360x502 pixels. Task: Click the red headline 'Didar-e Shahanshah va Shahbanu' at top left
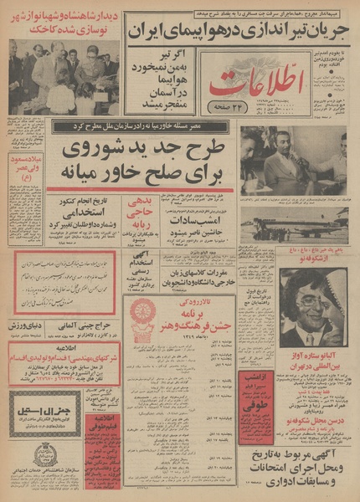click(x=63, y=20)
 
